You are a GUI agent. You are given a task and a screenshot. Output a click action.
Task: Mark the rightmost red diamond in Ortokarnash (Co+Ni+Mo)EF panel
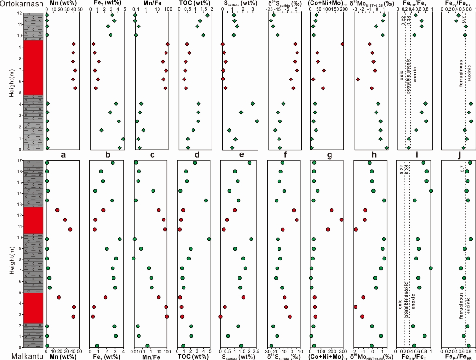point(342,44)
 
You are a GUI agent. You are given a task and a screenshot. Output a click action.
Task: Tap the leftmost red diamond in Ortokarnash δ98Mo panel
point(357,79)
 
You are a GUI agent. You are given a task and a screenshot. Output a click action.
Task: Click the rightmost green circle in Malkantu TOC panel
point(209,239)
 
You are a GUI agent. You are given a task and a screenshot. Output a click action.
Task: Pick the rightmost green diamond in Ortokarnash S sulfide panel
point(257,121)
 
